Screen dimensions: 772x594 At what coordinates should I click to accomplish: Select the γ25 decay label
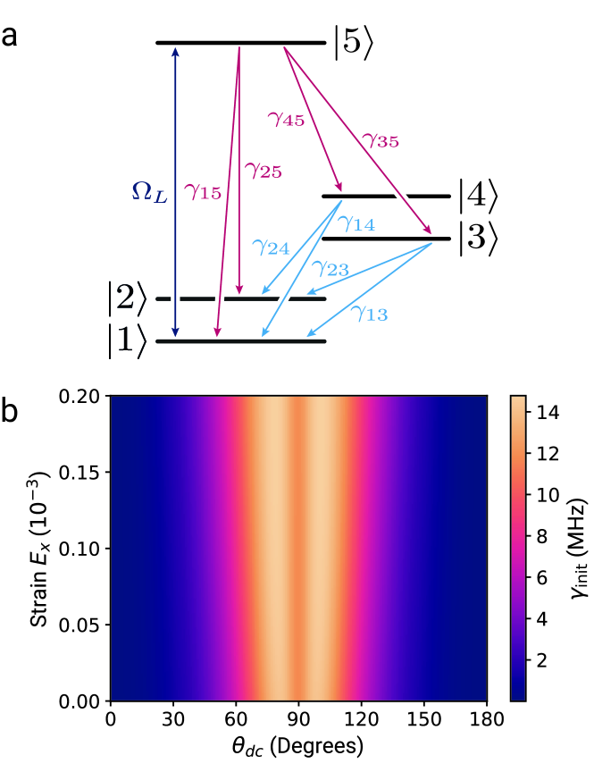pyautogui.click(x=263, y=170)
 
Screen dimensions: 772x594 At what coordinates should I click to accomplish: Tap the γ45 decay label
pyautogui.click(x=286, y=118)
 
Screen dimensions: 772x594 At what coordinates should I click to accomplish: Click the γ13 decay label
pyautogui.click(x=368, y=314)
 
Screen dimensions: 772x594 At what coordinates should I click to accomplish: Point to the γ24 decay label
pyautogui.click(x=270, y=247)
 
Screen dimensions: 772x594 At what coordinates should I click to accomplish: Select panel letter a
pyautogui.click(x=12, y=37)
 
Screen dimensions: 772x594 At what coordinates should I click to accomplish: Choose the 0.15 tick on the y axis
pyautogui.click(x=79, y=471)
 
